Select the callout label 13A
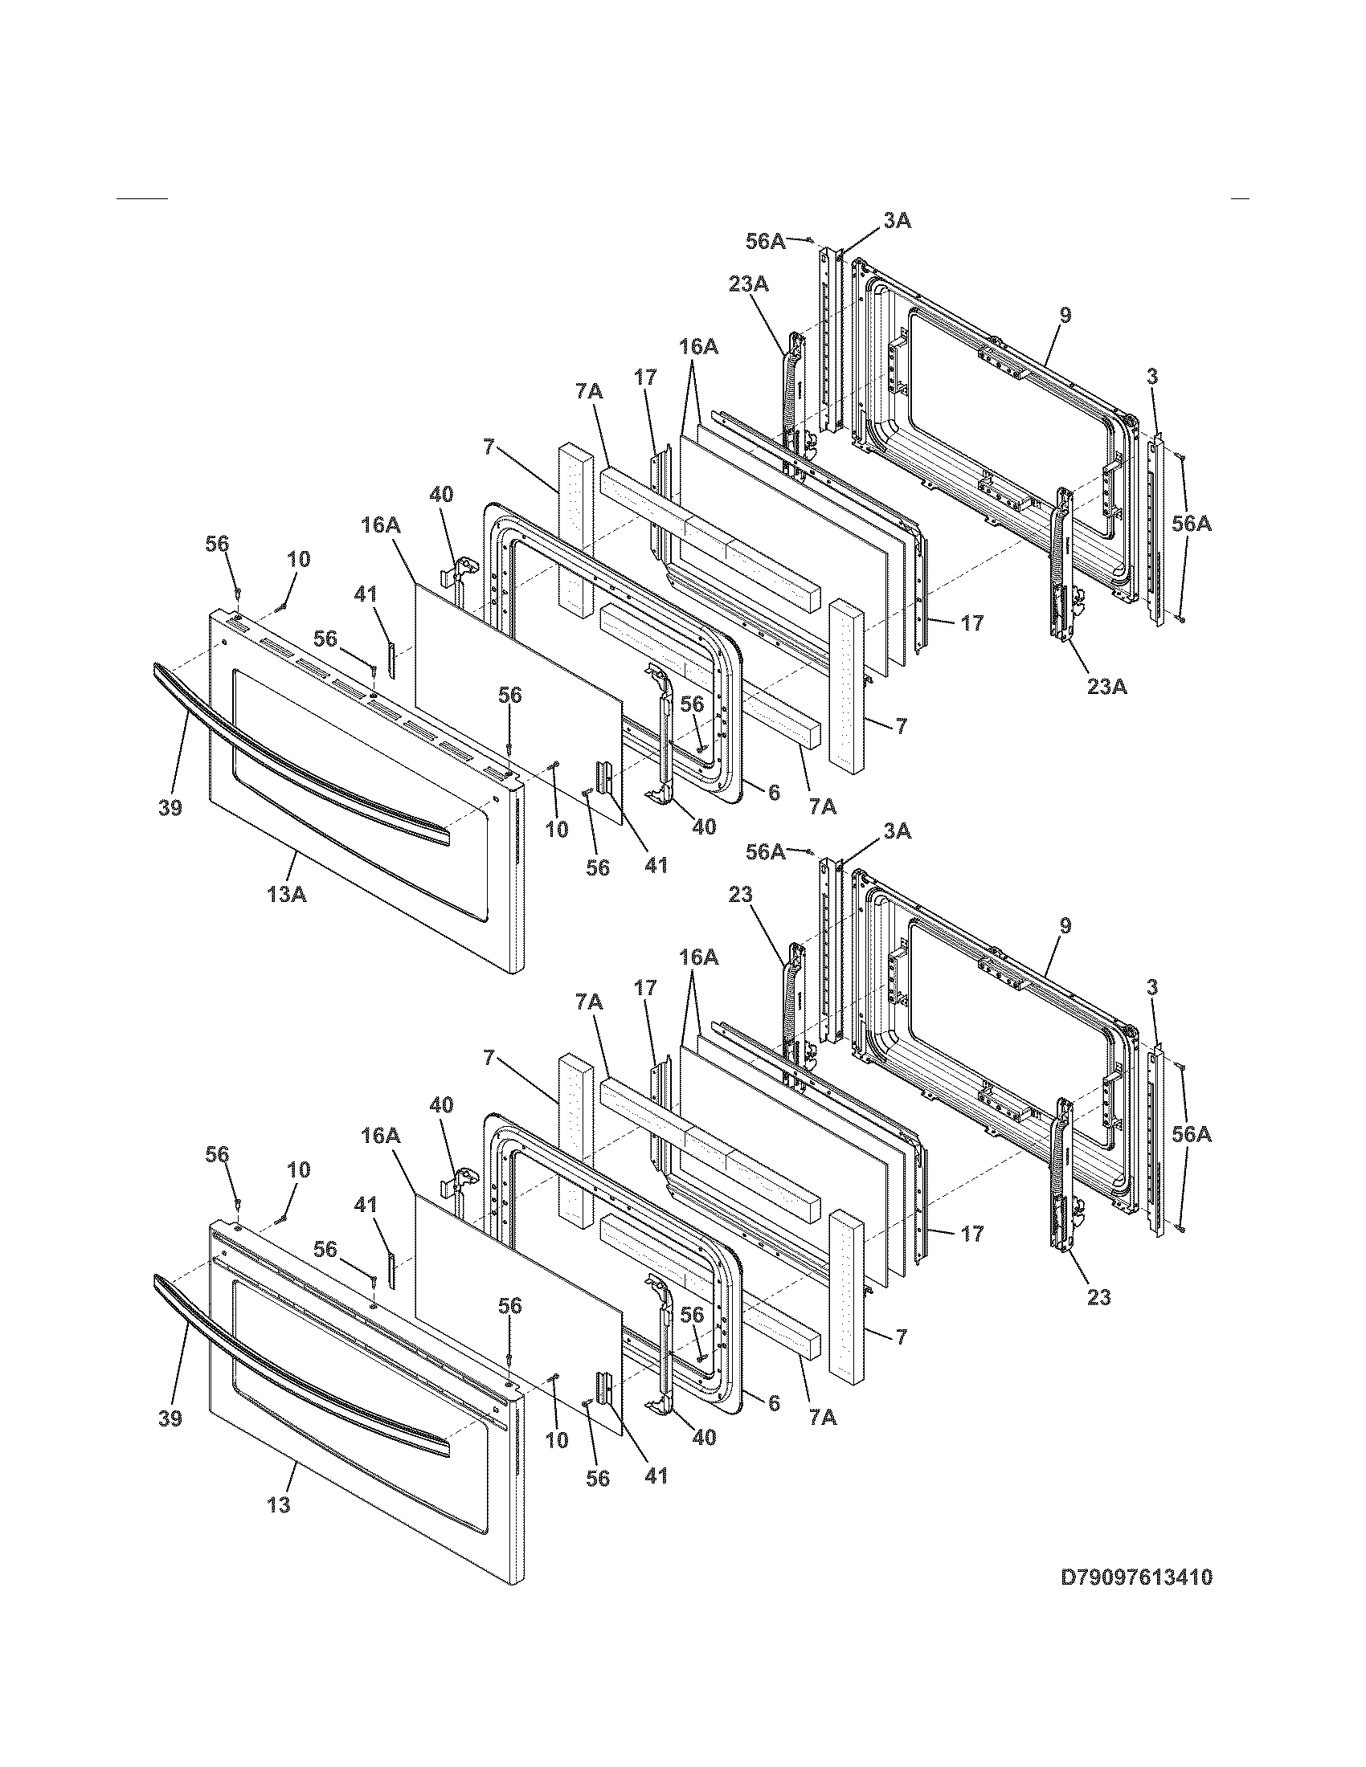(287, 895)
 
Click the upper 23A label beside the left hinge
(749, 284)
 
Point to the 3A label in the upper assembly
(896, 220)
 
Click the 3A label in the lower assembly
(896, 831)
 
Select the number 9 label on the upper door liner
(1065, 316)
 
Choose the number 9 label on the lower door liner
(1065, 926)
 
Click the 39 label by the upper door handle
(170, 807)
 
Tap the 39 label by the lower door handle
(170, 1418)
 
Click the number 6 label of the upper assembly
(774, 793)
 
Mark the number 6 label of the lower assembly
(774, 1404)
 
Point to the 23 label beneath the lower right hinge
(1098, 1298)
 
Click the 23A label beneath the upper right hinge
(1106, 687)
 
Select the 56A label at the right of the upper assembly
(1191, 524)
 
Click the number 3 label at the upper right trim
(1152, 376)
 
